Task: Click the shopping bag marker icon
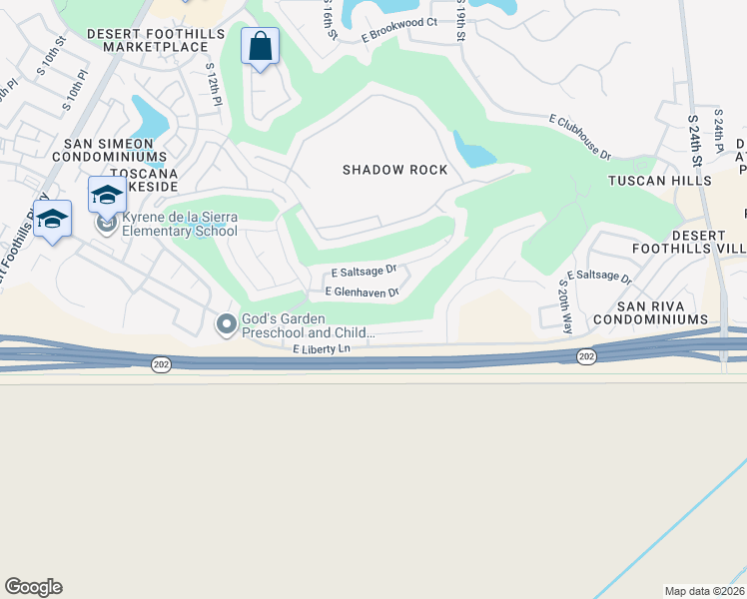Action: tap(260, 47)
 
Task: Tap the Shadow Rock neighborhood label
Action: tap(394, 170)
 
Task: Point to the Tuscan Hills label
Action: tap(660, 181)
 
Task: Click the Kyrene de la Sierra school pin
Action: tap(108, 226)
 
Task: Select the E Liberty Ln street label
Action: tap(323, 348)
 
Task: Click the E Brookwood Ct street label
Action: tap(399, 29)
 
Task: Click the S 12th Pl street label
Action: tap(213, 85)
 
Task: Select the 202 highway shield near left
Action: tap(161, 365)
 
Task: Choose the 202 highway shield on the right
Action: tap(586, 356)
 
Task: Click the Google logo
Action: tap(34, 587)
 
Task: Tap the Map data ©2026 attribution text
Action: tap(705, 591)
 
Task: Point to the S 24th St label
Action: tap(696, 140)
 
